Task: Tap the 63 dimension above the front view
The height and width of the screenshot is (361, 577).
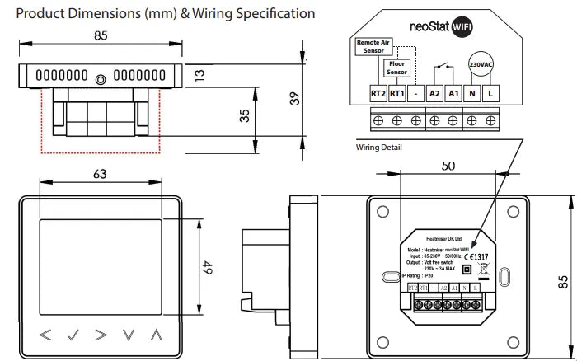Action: pyautogui.click(x=99, y=174)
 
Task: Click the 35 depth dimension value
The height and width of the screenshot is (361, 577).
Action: pyautogui.click(x=244, y=115)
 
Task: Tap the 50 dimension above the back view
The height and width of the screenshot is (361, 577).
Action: pyautogui.click(x=447, y=166)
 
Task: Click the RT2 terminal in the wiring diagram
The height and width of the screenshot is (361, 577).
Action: pyautogui.click(x=378, y=94)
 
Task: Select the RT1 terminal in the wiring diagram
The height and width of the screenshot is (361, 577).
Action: pyautogui.click(x=397, y=94)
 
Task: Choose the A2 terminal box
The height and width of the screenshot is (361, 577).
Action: pyautogui.click(x=435, y=94)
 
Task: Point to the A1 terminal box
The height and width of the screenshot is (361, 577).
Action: pyautogui.click(x=453, y=94)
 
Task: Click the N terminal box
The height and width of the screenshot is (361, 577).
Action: pyautogui.click(x=472, y=94)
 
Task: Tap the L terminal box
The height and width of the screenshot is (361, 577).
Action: pyautogui.click(x=491, y=94)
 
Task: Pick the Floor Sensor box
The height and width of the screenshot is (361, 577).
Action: pyautogui.click(x=397, y=67)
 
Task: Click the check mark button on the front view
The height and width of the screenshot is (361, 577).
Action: pyautogui.click(x=73, y=335)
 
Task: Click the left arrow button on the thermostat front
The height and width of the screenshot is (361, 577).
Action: pyautogui.click(x=46, y=335)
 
